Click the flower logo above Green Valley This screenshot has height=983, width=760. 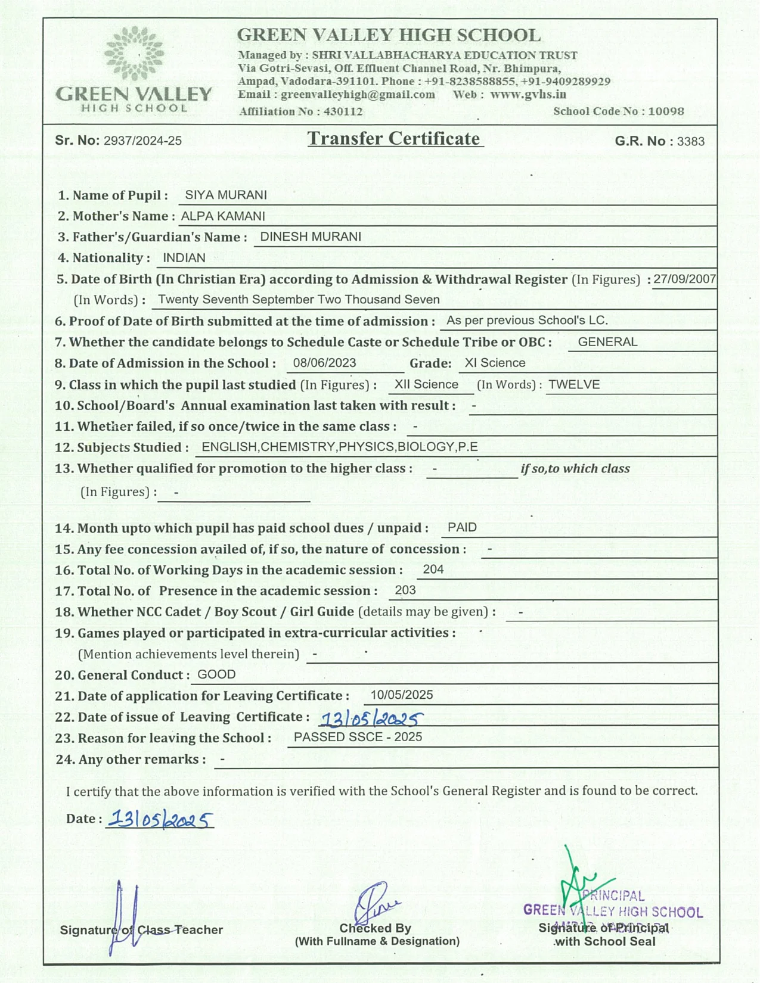click(134, 54)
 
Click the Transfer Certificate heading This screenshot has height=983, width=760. click(394, 139)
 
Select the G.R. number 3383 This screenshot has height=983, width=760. click(691, 142)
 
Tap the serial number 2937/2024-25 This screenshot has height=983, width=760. click(142, 141)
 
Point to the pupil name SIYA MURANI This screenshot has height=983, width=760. click(226, 195)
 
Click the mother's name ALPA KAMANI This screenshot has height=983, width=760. click(223, 216)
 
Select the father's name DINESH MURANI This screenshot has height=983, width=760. click(311, 237)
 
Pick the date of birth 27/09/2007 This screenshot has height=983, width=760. click(684, 279)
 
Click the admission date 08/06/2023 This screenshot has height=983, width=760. click(324, 363)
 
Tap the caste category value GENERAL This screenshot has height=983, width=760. click(607, 342)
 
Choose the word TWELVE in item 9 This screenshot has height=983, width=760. click(574, 385)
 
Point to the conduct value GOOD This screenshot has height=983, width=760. click(216, 675)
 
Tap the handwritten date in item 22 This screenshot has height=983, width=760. click(371, 719)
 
